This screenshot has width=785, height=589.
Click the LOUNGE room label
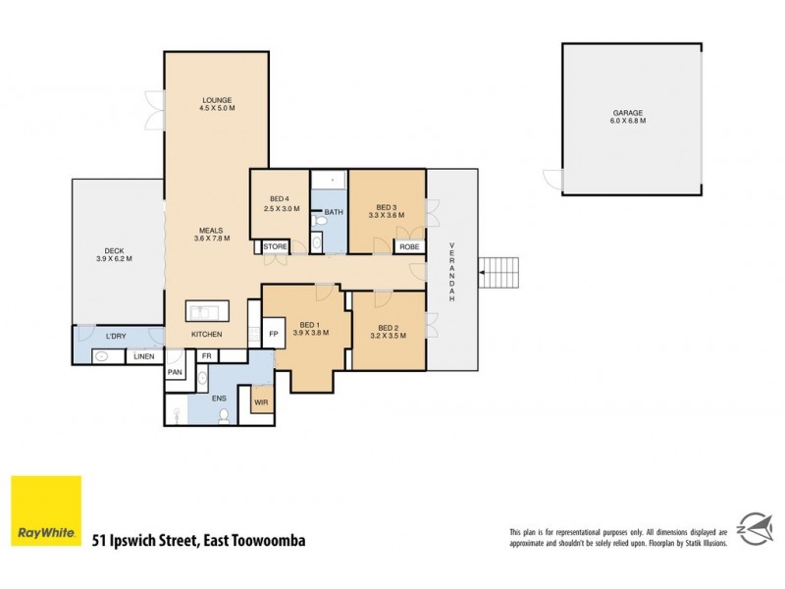217,100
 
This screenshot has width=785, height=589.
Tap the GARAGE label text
627,113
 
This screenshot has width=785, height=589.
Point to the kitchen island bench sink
208,312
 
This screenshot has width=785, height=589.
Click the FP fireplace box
274,334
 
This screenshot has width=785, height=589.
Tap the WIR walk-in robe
261,402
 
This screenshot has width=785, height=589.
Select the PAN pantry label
176,372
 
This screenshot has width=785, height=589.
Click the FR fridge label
207,355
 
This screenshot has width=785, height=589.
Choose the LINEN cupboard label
145,356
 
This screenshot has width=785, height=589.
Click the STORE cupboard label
276,246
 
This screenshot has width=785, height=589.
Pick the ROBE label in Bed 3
408,246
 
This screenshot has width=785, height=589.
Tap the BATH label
334,212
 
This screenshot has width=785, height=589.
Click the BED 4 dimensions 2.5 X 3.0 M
280,209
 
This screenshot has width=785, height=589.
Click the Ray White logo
46,510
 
